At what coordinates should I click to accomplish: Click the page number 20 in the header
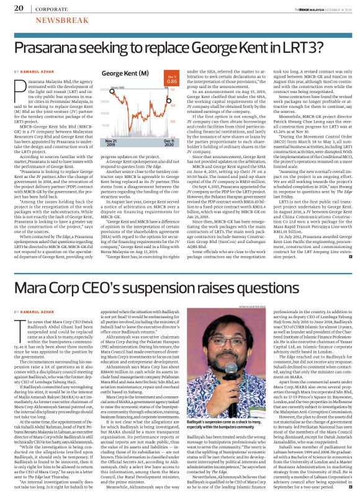18,8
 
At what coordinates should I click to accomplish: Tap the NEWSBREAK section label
46,20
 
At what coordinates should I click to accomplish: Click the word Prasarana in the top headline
52,48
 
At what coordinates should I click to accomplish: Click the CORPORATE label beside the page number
52,9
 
